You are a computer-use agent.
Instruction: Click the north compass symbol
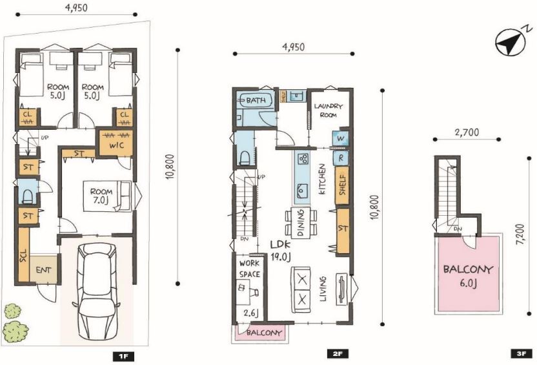point(511,41)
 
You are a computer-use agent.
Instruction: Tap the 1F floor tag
point(123,357)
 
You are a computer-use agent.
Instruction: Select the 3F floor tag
point(521,353)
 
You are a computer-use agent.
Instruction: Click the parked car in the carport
point(97,291)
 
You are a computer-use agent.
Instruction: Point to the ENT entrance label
point(43,270)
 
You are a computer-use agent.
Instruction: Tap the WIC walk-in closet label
point(116,145)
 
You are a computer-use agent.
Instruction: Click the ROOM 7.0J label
point(101,196)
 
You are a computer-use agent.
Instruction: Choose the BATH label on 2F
point(256,100)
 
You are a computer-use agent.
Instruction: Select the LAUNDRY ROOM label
point(328,110)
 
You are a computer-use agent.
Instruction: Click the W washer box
point(340,138)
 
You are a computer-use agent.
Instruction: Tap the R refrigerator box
point(341,158)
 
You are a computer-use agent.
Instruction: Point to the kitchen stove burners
point(303,158)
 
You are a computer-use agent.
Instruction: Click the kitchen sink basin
point(301,191)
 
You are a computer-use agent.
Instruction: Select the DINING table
point(301,223)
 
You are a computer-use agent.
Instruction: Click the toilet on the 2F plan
point(245,158)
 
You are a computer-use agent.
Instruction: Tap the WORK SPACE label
point(250,269)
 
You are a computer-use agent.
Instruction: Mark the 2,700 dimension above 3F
point(468,132)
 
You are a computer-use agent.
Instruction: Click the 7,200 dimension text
point(520,235)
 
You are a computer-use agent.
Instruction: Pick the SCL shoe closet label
point(23,255)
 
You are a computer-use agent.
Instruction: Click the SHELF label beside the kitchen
point(343,185)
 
